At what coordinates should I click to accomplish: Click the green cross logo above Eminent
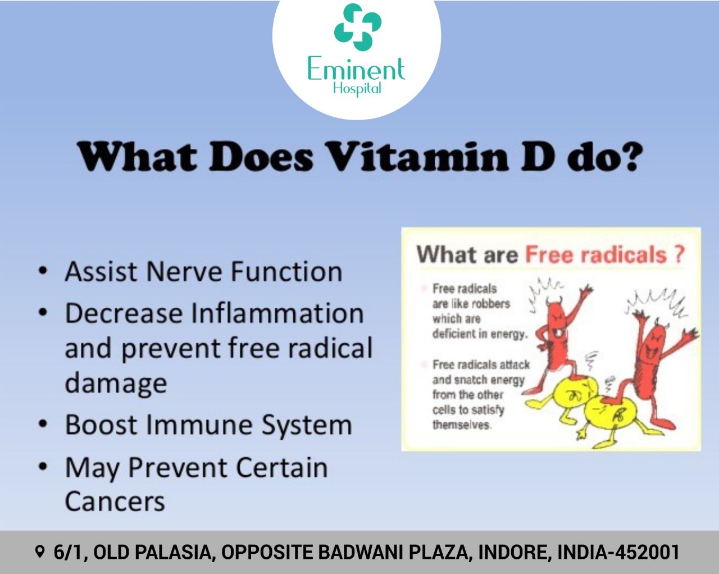tap(358, 27)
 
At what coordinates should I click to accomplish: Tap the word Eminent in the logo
tap(356, 69)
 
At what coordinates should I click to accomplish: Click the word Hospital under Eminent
tap(357, 89)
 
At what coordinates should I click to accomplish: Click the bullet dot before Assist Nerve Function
tap(43, 271)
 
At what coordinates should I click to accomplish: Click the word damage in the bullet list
tap(116, 384)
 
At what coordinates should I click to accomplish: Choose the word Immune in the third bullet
tap(199, 425)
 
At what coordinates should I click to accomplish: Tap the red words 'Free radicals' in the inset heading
tap(596, 255)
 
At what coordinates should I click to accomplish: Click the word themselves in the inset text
tap(461, 425)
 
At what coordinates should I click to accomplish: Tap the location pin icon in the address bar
tap(40, 552)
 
